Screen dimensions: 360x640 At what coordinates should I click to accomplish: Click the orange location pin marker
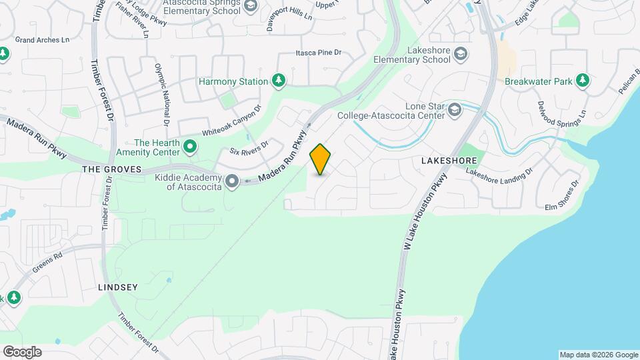pyautogui.click(x=321, y=159)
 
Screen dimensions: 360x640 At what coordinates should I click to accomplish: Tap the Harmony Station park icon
pyautogui.click(x=279, y=81)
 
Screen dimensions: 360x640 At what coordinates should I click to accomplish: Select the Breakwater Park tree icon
pyautogui.click(x=583, y=81)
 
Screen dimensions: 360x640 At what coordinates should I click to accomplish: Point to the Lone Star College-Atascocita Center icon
pyautogui.click(x=455, y=109)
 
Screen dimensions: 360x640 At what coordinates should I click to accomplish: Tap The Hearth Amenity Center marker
pyautogui.click(x=190, y=146)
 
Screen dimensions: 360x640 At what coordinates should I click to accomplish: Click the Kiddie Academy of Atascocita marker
pyautogui.click(x=232, y=181)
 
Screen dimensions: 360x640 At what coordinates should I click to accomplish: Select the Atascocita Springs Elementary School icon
pyautogui.click(x=251, y=7)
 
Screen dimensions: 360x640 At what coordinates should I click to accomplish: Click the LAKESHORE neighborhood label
pyautogui.click(x=448, y=161)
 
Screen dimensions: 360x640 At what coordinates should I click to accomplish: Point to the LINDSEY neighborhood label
pyautogui.click(x=117, y=287)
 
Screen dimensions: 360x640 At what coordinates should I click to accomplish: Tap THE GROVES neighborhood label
pyautogui.click(x=112, y=170)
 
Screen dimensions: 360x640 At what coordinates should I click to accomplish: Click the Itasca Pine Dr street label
pyautogui.click(x=319, y=53)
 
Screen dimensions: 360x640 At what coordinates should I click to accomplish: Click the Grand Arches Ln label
pyautogui.click(x=43, y=40)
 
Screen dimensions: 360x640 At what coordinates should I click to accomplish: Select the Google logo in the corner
pyautogui.click(x=22, y=351)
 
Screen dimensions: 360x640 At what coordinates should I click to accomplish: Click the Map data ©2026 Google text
pyautogui.click(x=598, y=355)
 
